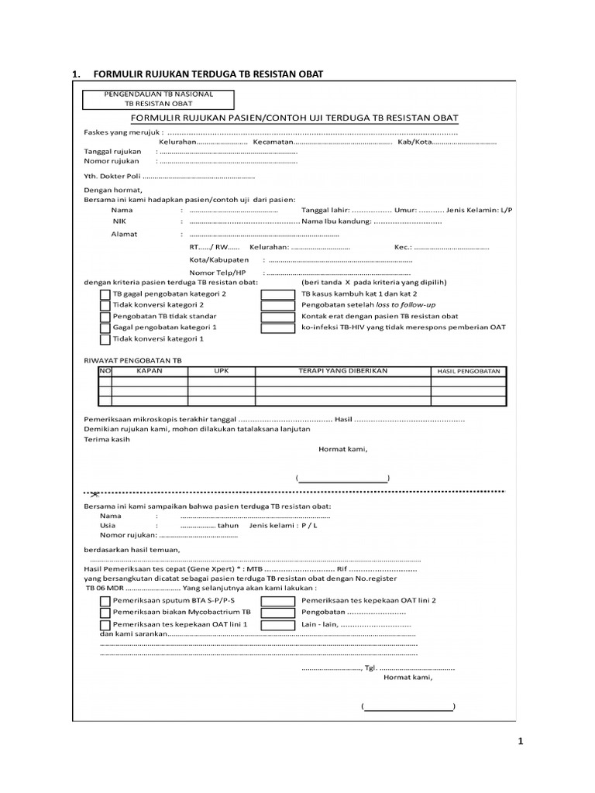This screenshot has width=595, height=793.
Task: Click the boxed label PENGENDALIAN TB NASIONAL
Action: tap(158, 94)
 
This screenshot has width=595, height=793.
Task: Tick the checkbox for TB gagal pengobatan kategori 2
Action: tap(105, 295)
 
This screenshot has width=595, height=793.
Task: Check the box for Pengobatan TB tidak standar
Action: tap(105, 317)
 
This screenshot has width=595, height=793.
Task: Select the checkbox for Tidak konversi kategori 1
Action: tap(105, 339)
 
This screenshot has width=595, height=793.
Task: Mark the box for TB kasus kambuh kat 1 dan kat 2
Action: tap(277, 295)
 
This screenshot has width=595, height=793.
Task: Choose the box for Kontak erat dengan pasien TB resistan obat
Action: tap(277, 317)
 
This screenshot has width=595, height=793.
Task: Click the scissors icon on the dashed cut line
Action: tap(94, 493)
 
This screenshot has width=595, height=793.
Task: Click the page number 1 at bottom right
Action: tap(521, 742)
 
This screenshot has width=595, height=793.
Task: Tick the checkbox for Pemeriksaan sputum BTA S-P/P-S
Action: tap(105, 600)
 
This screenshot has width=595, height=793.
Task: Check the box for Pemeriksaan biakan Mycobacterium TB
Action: tap(105, 612)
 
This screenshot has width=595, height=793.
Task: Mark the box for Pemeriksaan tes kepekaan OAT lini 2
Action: tap(277, 600)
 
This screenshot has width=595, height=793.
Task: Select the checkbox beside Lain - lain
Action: tap(277, 623)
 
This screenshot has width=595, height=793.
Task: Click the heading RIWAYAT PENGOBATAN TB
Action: tap(132, 361)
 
